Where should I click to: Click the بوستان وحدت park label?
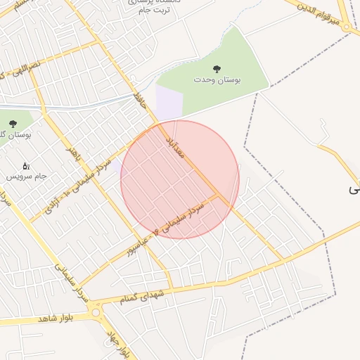[217, 81]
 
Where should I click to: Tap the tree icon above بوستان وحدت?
[217, 68]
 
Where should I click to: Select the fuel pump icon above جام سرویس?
[26, 167]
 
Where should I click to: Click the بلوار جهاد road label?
[117, 341]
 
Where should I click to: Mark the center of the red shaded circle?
[180, 179]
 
